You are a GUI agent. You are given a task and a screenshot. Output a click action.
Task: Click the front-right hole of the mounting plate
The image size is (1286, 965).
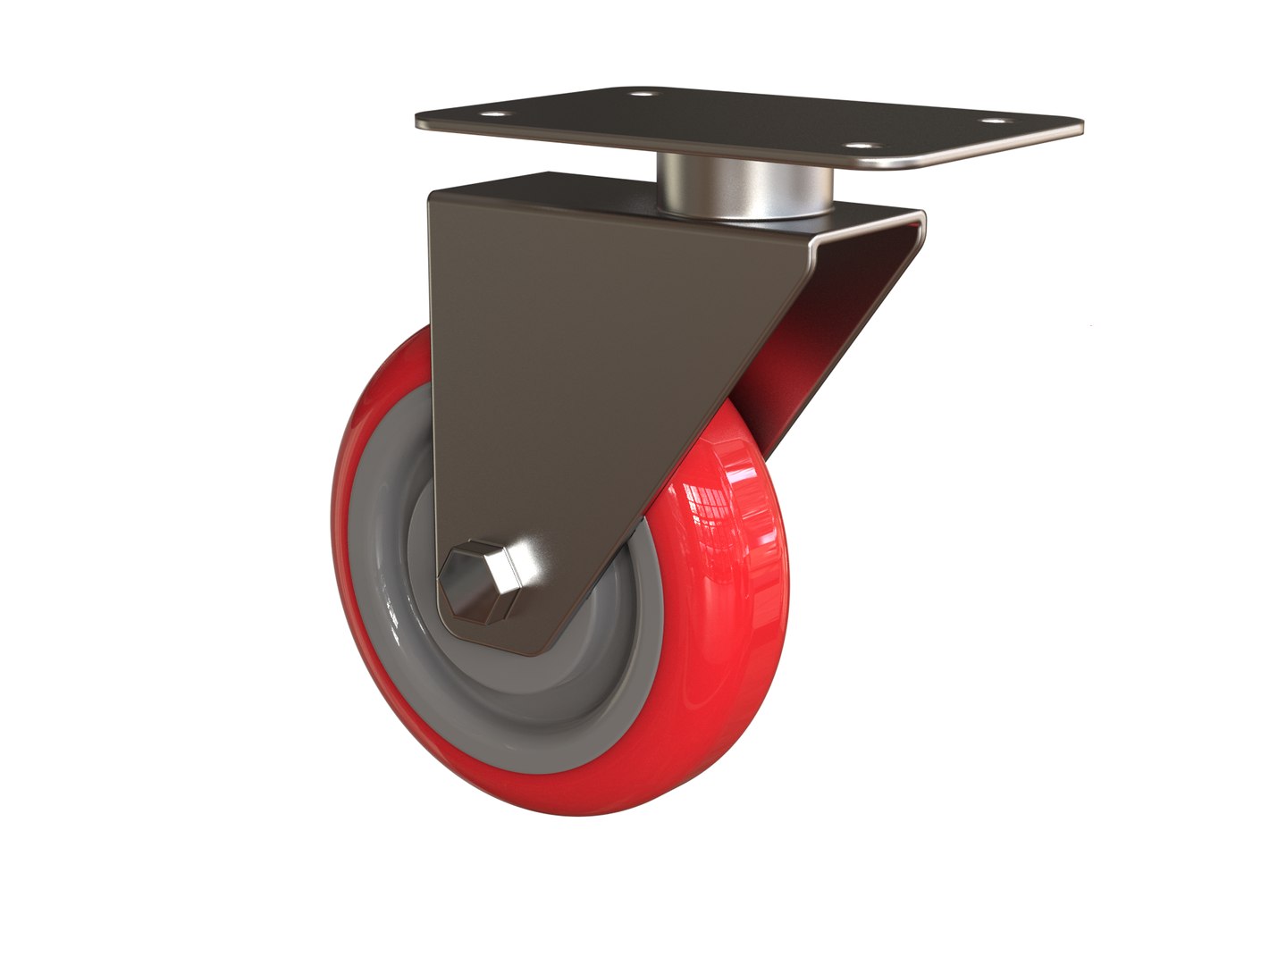[x=859, y=147]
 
